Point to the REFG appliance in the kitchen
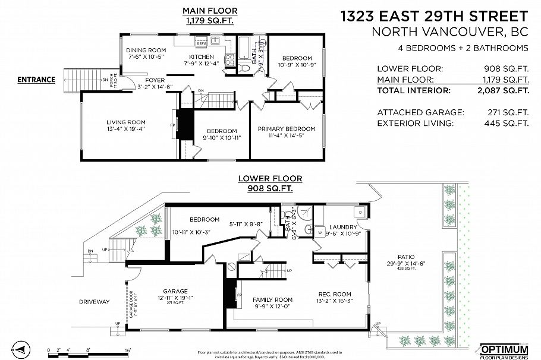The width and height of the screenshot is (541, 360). (201, 43)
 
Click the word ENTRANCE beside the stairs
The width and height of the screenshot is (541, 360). (36, 80)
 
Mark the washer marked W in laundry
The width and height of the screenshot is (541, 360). (319, 232)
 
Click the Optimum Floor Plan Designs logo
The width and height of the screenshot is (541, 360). (503, 349)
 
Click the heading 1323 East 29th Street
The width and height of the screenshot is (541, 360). (434, 15)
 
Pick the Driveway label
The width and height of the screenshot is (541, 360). (94, 302)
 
